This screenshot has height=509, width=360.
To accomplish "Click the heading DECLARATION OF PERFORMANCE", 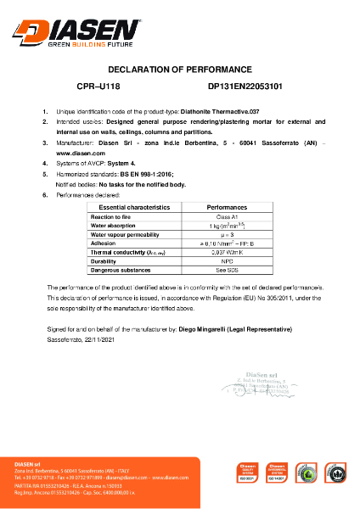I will tap(180, 69).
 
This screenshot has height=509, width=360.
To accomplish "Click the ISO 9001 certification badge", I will tap(248, 473).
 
